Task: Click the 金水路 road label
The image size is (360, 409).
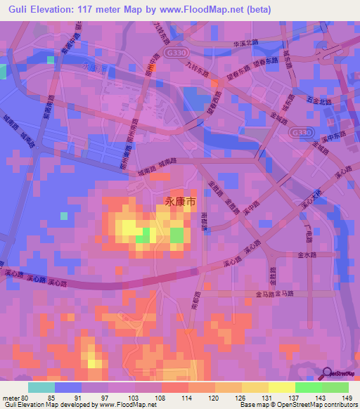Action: (x=309, y=255)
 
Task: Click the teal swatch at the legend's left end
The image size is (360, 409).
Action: (x=41, y=387)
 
